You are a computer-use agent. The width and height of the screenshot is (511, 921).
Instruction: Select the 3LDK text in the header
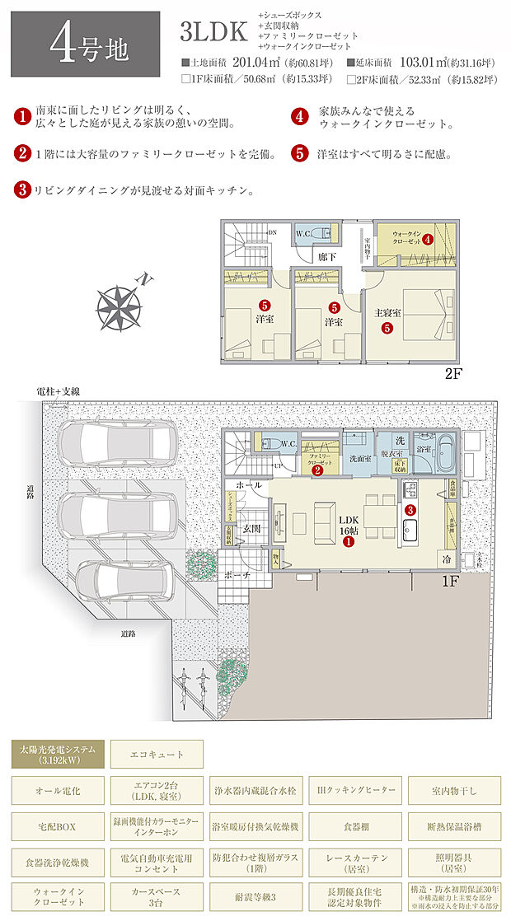(x=213, y=32)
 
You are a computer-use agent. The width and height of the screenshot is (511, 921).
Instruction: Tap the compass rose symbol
(x=119, y=305)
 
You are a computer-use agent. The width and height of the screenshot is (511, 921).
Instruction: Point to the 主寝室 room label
(x=387, y=312)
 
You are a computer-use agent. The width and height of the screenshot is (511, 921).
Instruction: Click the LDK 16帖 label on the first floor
(x=350, y=527)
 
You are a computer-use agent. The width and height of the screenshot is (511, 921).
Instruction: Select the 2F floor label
(x=453, y=373)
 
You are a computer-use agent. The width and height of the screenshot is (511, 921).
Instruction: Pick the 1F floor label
(x=451, y=580)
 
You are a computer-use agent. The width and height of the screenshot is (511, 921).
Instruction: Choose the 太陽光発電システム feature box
(x=57, y=754)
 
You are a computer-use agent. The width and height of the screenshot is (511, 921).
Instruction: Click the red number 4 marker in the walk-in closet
(x=428, y=240)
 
